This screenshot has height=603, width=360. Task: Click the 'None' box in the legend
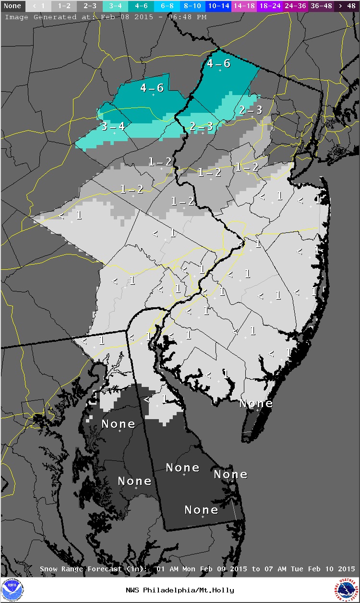pos(12,6)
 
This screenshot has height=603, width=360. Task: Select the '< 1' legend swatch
pos(38,6)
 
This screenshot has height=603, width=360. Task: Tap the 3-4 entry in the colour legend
pos(115,6)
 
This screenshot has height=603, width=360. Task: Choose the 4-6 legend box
pos(141,6)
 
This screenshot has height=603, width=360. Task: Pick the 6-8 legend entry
pos(167,6)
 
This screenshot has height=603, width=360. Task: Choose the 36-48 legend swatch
pos(321,6)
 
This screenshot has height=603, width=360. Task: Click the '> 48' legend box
pos(346,6)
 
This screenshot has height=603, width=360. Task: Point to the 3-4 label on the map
pos(113,126)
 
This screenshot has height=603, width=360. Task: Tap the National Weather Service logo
pos(347,590)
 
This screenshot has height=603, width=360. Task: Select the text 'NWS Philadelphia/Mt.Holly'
pos(180,590)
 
